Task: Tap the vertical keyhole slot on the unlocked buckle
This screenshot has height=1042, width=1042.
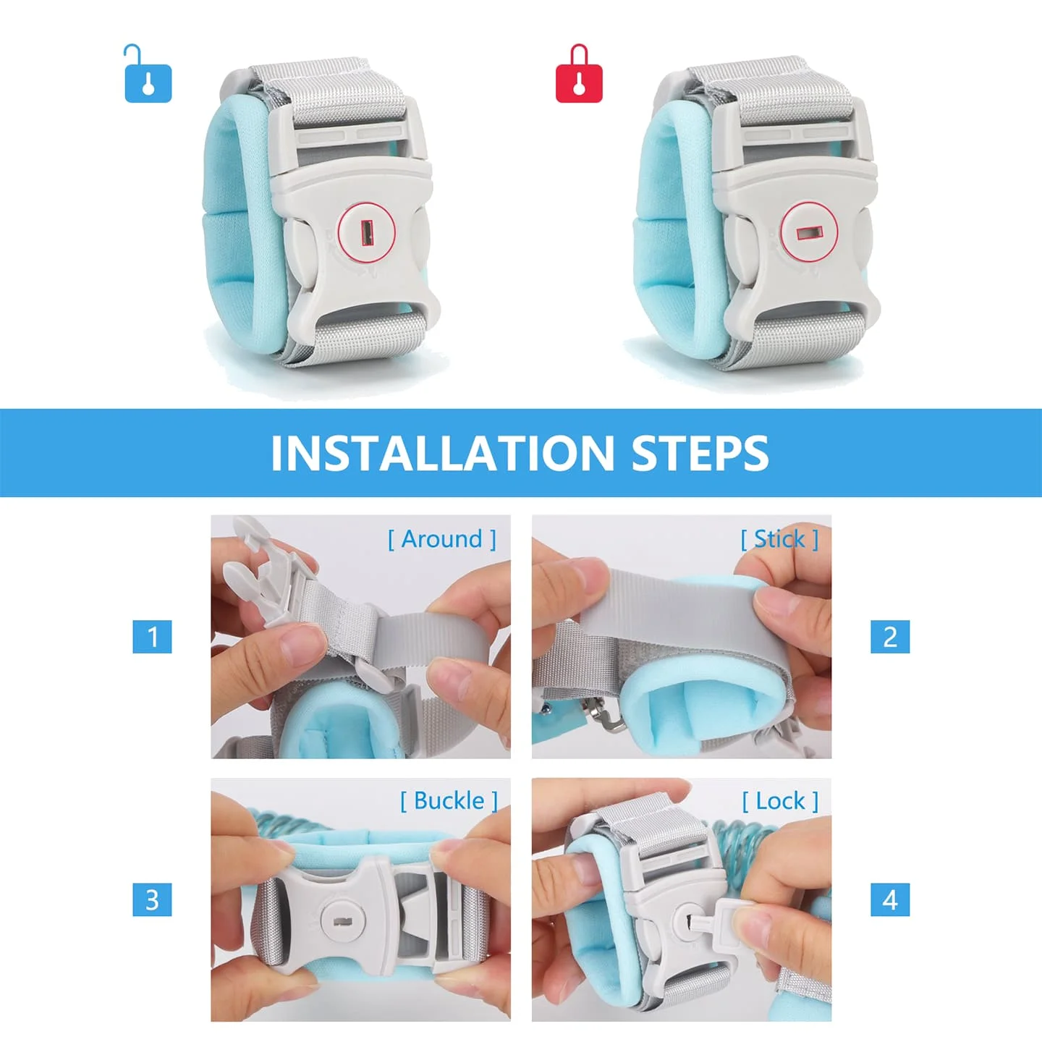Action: coord(368,232)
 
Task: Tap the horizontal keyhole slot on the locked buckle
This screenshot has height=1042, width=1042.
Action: coord(810,232)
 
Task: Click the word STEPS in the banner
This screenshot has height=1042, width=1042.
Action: coord(700,452)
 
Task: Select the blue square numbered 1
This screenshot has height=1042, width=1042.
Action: coord(152,637)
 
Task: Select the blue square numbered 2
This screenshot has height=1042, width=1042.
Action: coord(890,637)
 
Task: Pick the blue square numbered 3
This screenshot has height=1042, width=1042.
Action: coord(152,899)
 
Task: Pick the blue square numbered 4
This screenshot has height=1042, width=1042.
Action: coord(890,899)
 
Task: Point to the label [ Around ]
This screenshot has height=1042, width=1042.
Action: coord(442,539)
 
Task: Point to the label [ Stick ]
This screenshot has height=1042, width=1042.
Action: coord(779,539)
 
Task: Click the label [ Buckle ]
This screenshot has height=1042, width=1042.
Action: coord(449,801)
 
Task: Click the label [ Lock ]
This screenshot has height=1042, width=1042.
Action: coord(780,801)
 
